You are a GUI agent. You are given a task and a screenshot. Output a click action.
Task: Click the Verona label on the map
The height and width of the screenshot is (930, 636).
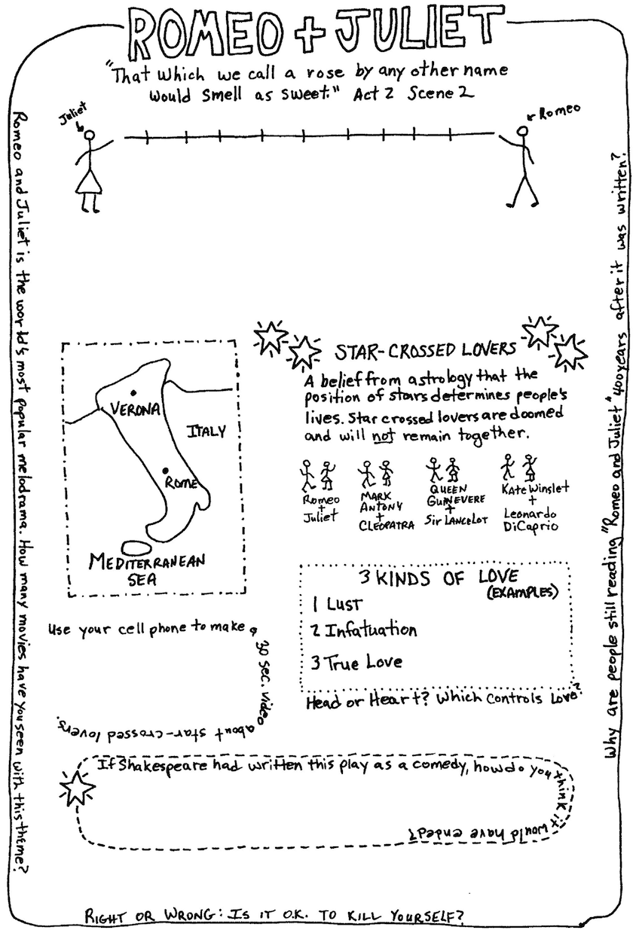point(135,409)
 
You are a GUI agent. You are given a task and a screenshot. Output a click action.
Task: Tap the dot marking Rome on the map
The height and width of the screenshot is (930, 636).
point(165,470)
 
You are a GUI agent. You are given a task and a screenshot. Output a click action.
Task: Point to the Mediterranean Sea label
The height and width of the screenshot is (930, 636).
point(147,569)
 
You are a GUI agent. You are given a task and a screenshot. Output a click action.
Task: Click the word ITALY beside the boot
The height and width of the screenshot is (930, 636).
point(206,431)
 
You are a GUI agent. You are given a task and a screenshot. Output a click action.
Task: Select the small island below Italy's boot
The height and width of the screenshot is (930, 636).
point(136,547)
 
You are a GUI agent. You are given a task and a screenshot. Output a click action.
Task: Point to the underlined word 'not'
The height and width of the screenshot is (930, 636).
point(383,436)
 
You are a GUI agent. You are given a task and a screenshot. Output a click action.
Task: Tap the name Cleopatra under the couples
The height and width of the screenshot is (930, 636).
point(387,525)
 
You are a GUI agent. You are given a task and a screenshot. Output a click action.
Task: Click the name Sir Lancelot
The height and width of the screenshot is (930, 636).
point(456,520)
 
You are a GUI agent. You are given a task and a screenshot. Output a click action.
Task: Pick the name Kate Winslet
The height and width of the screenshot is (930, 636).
point(535,489)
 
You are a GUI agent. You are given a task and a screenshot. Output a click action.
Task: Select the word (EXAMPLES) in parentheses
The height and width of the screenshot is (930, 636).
point(522,592)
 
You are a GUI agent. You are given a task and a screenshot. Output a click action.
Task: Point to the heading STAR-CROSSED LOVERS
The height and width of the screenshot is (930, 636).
point(425,350)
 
